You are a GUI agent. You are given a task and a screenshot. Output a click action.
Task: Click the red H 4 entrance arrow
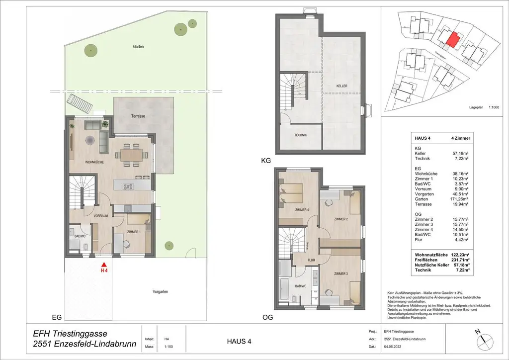pos(104,266)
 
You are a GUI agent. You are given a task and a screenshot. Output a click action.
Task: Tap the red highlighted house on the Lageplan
pos(451,39)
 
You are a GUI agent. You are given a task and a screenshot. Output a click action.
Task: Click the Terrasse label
pos(138,116)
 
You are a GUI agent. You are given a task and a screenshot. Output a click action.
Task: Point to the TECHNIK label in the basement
pos(300,135)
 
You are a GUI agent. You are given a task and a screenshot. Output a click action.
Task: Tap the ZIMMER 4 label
pos(301,209)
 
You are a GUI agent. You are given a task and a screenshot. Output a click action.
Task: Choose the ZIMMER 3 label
pos(340,273)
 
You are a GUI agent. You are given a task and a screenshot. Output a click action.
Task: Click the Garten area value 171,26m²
pos(461,199)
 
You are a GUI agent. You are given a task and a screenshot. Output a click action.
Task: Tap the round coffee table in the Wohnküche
pos(90,141)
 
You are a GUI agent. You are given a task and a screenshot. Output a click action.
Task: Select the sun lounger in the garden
pos(82,103)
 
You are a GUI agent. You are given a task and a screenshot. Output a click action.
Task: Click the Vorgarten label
pos(160,292)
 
